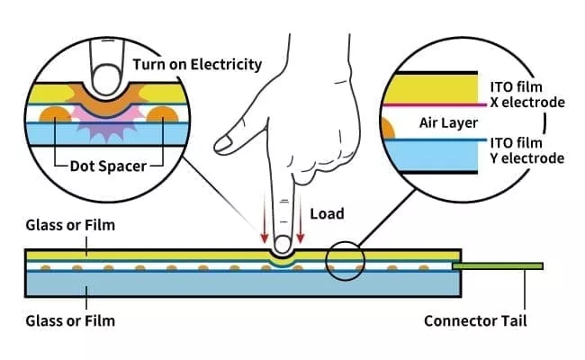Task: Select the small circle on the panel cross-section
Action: click(x=346, y=262)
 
